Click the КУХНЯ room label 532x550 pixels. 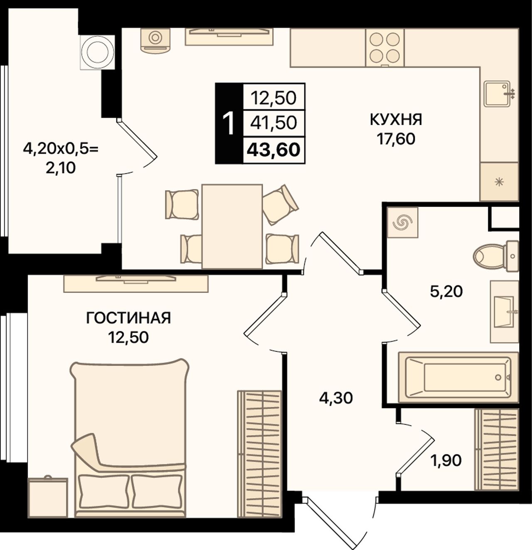pyautogui.click(x=396, y=120)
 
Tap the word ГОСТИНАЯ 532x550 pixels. pyautogui.click(x=128, y=318)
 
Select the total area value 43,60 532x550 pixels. pyautogui.click(x=273, y=150)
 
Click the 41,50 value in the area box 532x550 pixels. pyautogui.click(x=273, y=123)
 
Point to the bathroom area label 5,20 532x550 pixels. pyautogui.click(x=446, y=291)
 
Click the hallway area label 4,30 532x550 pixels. pyautogui.click(x=336, y=398)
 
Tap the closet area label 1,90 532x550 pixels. pyautogui.click(x=446, y=460)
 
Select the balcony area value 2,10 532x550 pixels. pyautogui.click(x=61, y=168)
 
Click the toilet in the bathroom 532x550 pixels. pyautogui.click(x=496, y=256)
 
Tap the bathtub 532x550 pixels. pyautogui.click(x=458, y=377)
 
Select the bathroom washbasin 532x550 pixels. pyautogui.click(x=504, y=312)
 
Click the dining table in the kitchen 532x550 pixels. pyautogui.click(x=232, y=226)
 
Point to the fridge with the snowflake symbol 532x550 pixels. pyautogui.click(x=499, y=182)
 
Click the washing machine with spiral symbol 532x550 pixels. pyautogui.click(x=402, y=222)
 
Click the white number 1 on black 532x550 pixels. pyautogui.click(x=229, y=123)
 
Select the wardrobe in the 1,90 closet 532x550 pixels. pyautogui.click(x=497, y=449)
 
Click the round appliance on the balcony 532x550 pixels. pyautogui.click(x=97, y=52)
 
